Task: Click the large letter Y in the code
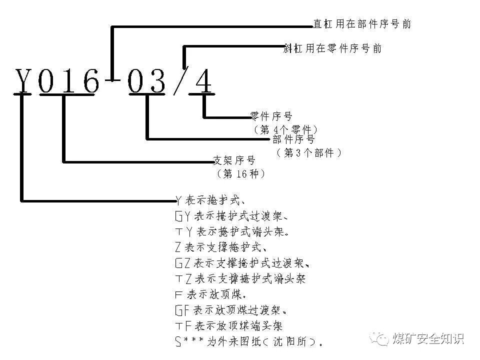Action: [23, 81]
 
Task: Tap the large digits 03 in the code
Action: [146, 81]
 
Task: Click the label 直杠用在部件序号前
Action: [362, 24]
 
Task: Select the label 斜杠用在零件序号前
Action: [332, 48]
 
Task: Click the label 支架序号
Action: [234, 160]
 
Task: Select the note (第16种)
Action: [240, 174]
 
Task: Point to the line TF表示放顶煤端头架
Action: [229, 326]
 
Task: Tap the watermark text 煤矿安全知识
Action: [428, 338]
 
